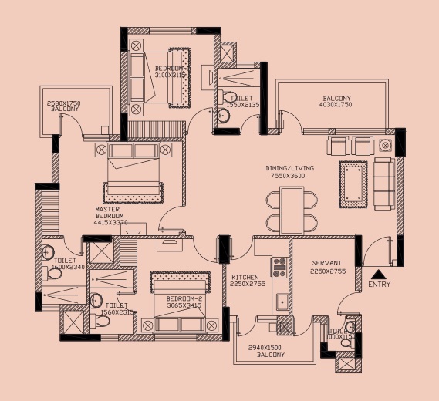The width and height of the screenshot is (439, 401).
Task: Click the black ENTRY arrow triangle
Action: (377, 273)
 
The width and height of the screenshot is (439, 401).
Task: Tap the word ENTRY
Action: (380, 285)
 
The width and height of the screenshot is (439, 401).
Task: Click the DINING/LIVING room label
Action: (286, 167)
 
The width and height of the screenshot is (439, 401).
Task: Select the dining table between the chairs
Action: (292, 211)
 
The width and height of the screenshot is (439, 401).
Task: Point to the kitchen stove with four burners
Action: (279, 267)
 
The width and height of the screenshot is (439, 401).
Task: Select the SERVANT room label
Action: (326, 263)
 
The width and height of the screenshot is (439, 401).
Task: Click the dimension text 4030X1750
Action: (336, 106)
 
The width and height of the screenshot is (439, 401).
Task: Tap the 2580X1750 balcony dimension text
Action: (65, 103)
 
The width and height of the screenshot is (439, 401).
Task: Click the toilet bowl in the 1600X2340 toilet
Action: (48, 251)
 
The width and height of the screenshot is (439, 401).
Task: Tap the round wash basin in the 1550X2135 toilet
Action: (224, 116)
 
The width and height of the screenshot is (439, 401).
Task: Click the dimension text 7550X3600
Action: (286, 176)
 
